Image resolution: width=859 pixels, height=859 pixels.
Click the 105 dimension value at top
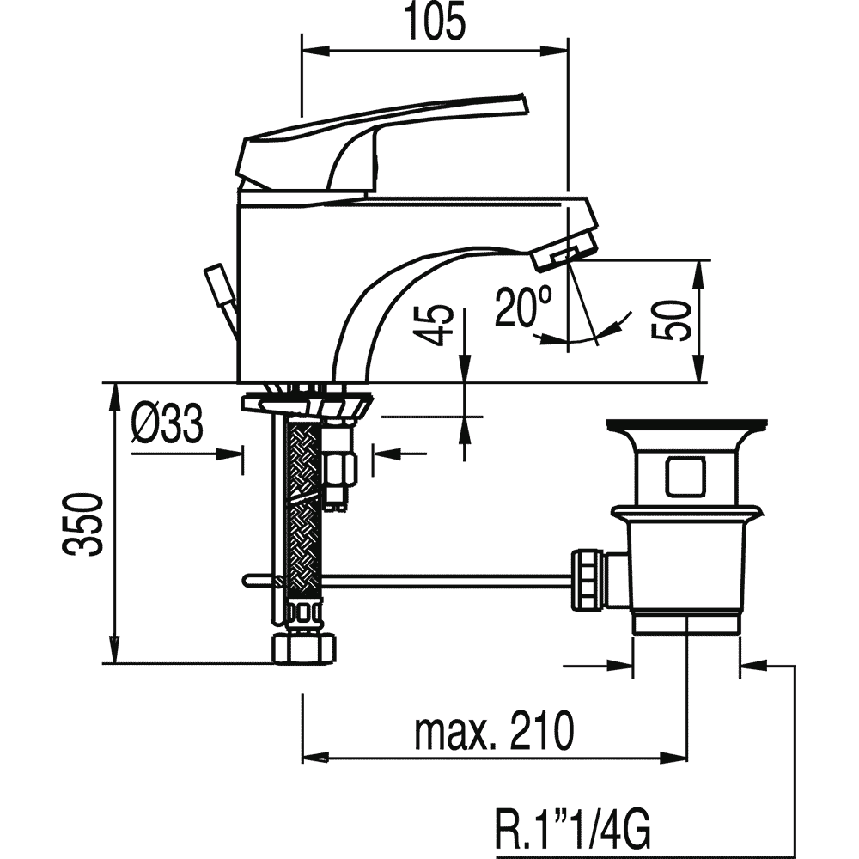[436, 22]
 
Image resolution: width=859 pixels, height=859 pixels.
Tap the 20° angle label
[522, 307]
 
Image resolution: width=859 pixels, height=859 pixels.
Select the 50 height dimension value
[672, 320]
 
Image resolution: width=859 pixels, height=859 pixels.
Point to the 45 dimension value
[436, 326]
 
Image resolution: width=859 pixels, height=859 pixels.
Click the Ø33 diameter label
[168, 423]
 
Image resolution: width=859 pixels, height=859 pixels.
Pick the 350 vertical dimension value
[82, 524]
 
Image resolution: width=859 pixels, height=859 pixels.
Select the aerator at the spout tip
[566, 254]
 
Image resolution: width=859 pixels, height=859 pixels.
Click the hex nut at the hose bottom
[304, 648]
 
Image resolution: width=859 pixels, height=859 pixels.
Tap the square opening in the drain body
[685, 477]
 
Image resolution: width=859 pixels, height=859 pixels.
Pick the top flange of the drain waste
[686, 424]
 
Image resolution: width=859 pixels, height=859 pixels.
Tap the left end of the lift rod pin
[246, 581]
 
